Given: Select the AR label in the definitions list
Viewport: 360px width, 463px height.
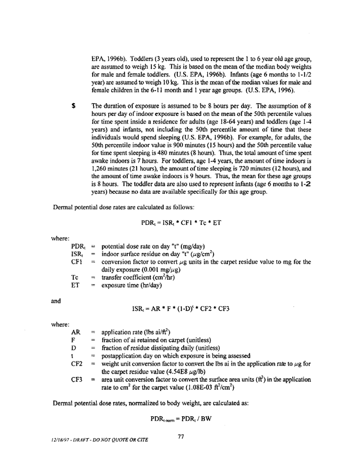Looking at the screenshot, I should point(75,333).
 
